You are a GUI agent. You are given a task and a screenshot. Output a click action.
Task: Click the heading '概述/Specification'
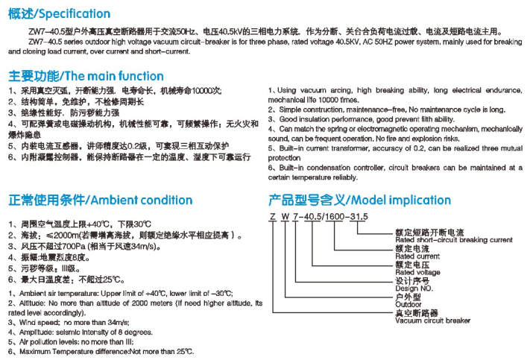(60, 13)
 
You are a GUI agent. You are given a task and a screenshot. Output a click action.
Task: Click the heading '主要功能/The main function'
(86, 75)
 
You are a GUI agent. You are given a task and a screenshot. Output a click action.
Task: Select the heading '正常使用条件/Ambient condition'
(101, 200)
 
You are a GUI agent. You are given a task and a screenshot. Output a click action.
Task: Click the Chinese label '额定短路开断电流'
(425, 233)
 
